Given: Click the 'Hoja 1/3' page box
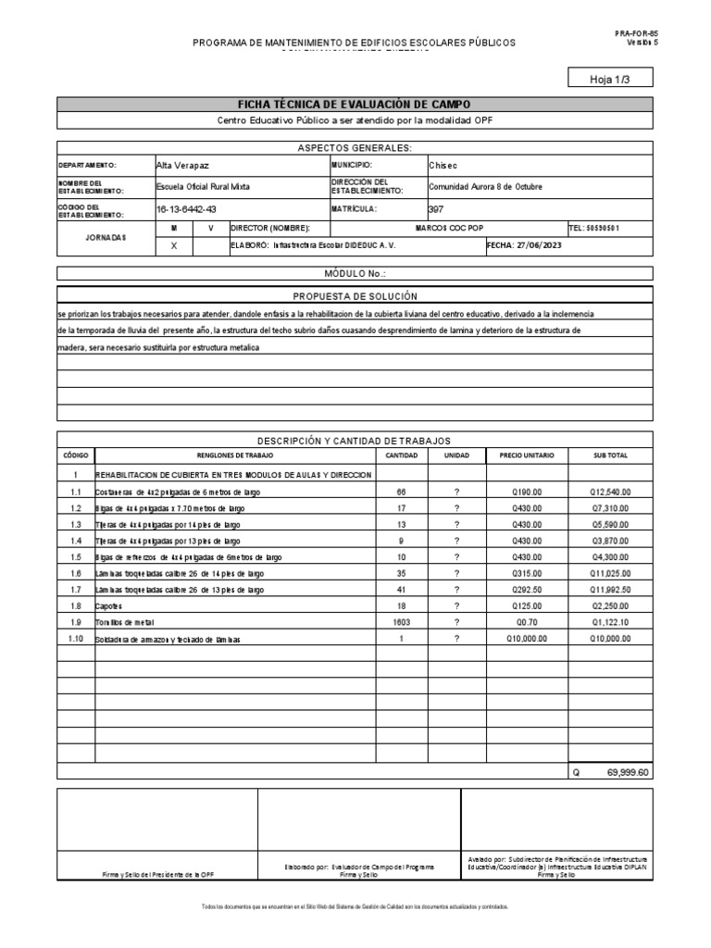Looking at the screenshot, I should coord(608,80).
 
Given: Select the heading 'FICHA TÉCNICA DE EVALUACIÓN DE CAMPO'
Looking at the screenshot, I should coord(355,105).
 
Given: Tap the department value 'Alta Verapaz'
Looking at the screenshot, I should coord(182,165).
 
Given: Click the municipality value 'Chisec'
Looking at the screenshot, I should coord(443,165).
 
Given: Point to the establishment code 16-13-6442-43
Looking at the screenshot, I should coord(186,209).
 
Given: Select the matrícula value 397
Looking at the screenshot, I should coord(436,209).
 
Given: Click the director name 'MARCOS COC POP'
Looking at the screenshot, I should coord(449,228).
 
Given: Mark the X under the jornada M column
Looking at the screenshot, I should coord(173,245).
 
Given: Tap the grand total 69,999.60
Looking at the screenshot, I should coord(627,772).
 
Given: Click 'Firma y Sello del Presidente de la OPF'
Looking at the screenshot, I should coord(157,874).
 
